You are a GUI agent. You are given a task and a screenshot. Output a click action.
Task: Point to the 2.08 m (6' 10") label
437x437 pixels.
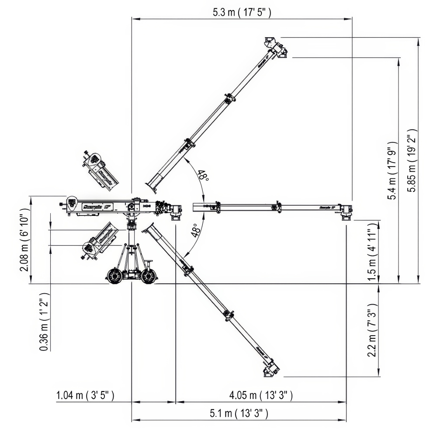pos(24,239)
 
